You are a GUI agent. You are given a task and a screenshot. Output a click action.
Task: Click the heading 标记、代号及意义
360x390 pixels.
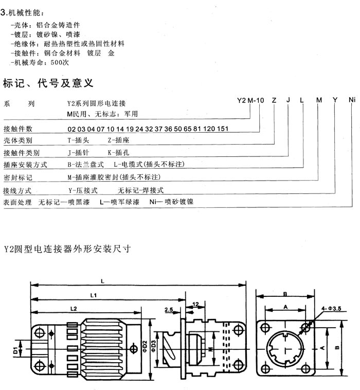[x=48, y=83]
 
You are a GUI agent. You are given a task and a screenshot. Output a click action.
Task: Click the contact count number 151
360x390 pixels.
[x=223, y=129]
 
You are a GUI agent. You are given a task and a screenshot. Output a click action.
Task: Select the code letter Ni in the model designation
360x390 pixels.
[x=352, y=100]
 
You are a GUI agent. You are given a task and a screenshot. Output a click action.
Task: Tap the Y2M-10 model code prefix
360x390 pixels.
[x=250, y=100]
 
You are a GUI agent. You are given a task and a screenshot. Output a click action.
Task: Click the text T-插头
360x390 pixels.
[x=78, y=140]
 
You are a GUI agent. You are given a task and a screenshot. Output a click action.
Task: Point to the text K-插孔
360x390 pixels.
[x=118, y=152]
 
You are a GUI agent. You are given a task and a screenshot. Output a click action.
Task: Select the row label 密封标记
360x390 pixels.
[x=17, y=178]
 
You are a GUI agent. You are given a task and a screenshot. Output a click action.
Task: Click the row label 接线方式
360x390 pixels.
[x=17, y=190]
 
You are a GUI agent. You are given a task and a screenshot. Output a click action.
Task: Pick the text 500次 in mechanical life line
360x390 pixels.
[x=60, y=62]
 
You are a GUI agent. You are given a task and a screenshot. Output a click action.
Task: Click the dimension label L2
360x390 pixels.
[x=74, y=309]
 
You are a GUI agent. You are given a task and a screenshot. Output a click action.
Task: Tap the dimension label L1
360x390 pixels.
[x=93, y=295]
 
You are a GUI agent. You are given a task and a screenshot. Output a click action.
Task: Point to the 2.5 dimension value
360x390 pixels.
[x=169, y=310]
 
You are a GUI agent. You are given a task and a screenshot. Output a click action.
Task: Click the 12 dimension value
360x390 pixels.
[x=195, y=304]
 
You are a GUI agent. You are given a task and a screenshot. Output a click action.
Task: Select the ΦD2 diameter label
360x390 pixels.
[x=145, y=346]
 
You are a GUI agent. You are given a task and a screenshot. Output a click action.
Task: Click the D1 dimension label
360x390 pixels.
[x=15, y=350]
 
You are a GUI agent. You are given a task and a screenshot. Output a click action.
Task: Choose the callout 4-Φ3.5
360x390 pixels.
[x=331, y=309]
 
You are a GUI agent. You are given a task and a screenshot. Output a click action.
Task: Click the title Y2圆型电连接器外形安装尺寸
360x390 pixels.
[x=67, y=249]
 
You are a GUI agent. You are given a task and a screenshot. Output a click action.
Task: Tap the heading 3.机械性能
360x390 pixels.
[x=22, y=12]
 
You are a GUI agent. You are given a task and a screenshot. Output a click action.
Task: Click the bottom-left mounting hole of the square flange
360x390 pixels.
[x=265, y=367]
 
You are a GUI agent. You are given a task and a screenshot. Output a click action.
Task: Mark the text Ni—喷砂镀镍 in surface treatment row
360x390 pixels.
[x=171, y=202]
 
